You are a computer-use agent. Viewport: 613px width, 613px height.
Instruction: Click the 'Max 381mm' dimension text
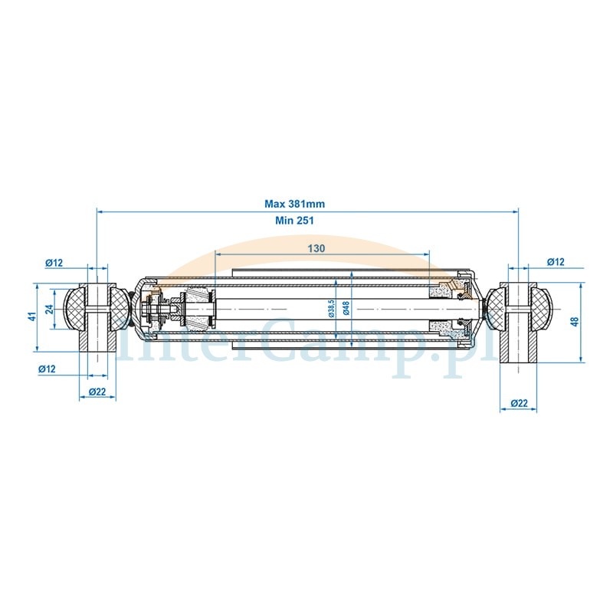pyautogui.click(x=295, y=204)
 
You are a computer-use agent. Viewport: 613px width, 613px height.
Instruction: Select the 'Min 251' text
pyautogui.click(x=294, y=221)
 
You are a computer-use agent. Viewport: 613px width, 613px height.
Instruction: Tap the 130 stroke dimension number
pyautogui.click(x=316, y=248)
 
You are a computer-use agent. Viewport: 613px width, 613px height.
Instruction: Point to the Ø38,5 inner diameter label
pyautogui.click(x=331, y=309)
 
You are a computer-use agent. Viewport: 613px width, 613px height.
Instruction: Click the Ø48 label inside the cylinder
pyautogui.click(x=346, y=309)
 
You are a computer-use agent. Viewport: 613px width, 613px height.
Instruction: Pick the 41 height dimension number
pyautogui.click(x=34, y=316)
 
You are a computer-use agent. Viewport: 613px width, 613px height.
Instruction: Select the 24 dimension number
pyautogui.click(x=49, y=310)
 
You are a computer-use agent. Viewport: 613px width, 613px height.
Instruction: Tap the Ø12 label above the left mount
pyautogui.click(x=54, y=263)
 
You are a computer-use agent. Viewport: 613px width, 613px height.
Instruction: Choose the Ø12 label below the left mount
pyautogui.click(x=47, y=369)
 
